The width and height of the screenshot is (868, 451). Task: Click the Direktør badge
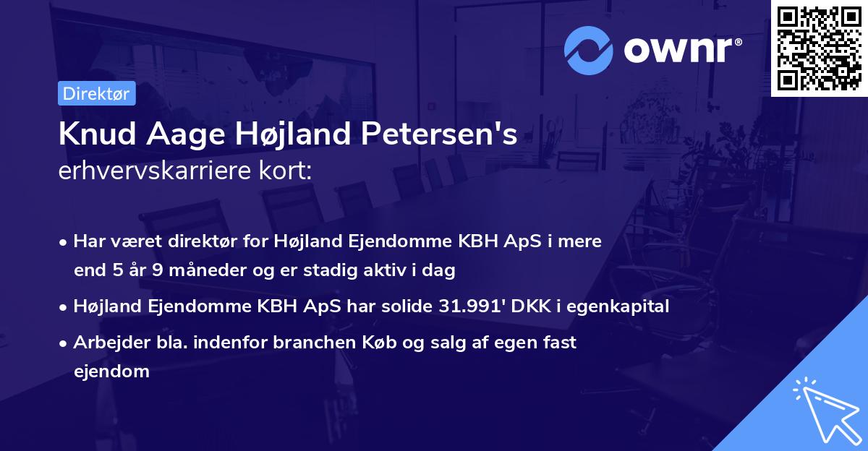pos(96,93)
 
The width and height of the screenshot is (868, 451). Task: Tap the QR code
pos(819,48)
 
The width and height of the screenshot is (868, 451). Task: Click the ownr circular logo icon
pos(589,51)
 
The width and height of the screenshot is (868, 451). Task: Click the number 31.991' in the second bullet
pos(470,306)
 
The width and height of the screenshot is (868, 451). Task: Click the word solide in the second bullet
pos(407,306)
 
